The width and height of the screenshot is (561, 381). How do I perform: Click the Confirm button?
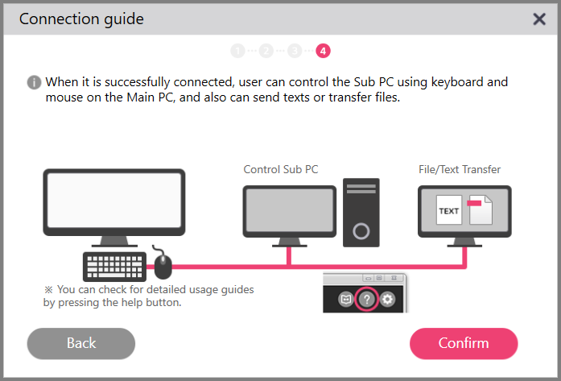(464, 343)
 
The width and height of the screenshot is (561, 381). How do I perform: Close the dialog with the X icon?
(539, 19)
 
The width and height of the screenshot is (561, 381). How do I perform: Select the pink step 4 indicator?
(323, 51)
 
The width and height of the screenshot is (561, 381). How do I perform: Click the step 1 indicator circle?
(237, 51)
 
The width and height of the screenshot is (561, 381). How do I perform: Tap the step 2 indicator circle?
(266, 51)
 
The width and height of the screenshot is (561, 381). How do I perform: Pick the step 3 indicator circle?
(295, 51)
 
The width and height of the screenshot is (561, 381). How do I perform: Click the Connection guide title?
(81, 19)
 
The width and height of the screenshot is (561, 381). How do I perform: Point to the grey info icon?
(34, 82)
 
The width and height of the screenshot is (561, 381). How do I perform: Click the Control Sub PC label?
(281, 170)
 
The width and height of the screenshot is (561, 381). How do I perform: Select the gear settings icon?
(388, 300)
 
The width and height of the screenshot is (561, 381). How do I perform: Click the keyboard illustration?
(115, 266)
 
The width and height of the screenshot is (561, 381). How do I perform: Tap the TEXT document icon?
(449, 211)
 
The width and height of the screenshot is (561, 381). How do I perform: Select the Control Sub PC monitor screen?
(289, 212)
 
